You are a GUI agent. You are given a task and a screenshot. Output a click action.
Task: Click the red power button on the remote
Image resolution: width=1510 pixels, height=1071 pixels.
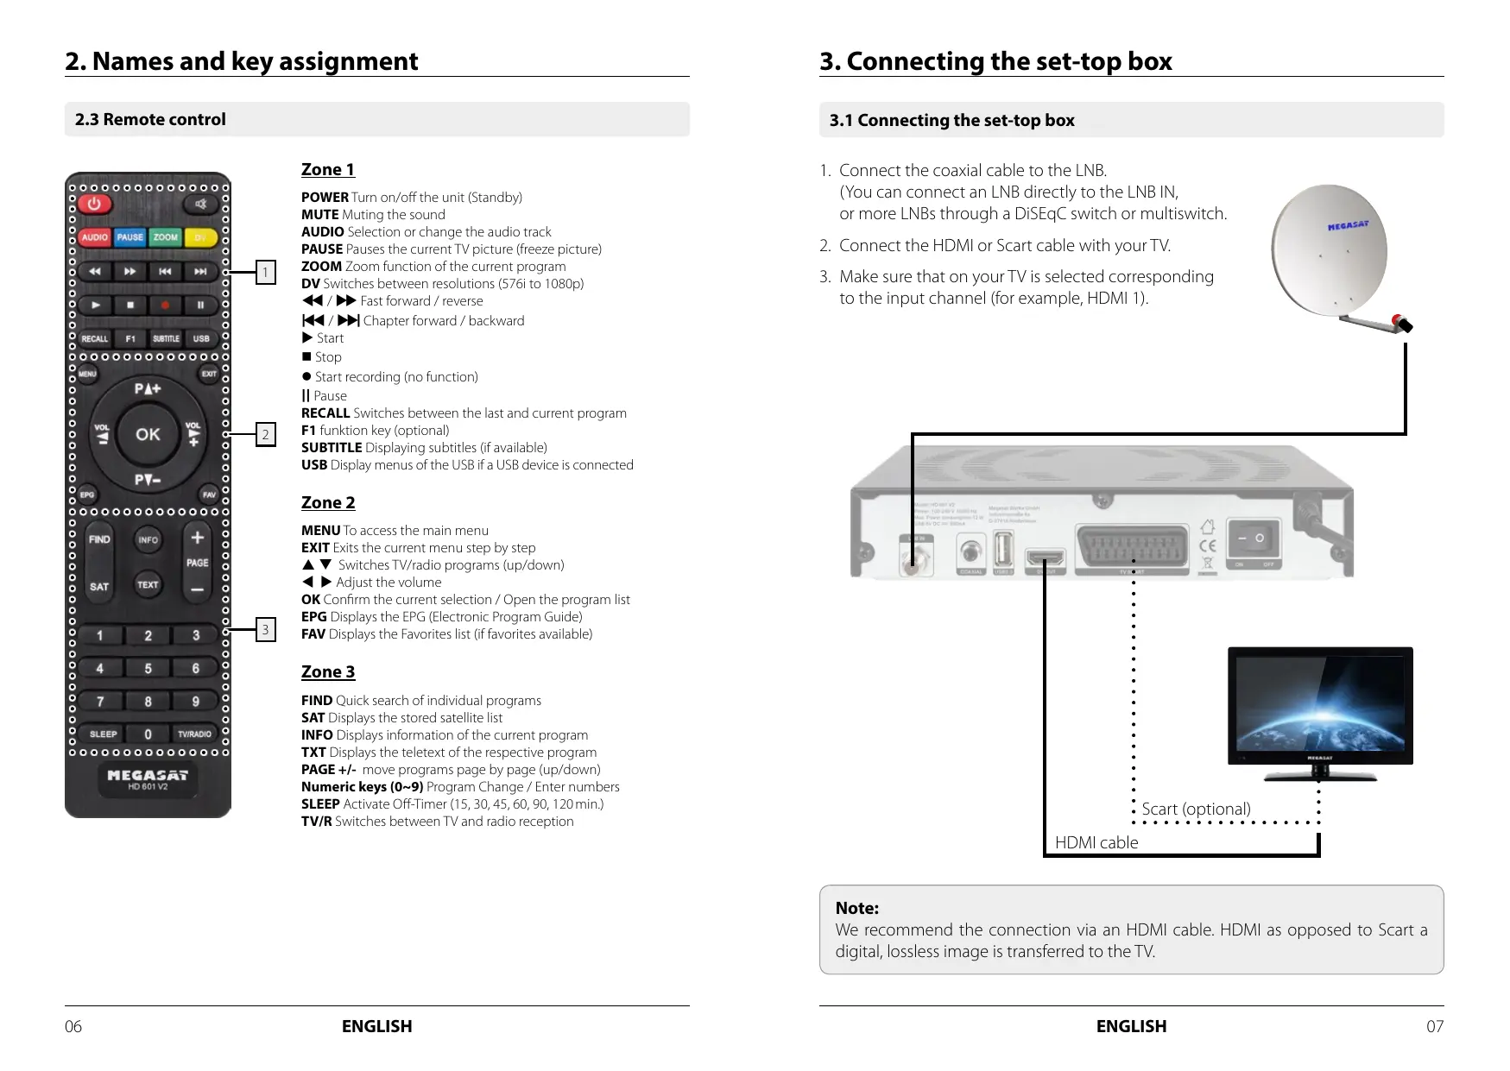(94, 205)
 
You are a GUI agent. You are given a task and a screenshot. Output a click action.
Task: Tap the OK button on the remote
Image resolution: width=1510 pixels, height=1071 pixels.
(148, 434)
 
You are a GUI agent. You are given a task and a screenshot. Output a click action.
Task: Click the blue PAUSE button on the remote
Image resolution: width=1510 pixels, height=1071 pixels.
(130, 237)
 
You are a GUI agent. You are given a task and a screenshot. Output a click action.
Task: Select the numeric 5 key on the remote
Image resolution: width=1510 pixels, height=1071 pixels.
(148, 669)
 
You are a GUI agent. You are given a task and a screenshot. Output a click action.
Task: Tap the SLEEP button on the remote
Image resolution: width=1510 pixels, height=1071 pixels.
(104, 734)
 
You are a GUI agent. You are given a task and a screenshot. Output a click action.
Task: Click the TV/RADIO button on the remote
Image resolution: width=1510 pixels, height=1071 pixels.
(194, 734)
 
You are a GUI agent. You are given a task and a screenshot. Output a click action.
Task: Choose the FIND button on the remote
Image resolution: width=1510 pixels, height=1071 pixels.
(99, 539)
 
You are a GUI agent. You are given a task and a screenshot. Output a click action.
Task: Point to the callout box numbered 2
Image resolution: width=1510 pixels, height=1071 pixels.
(265, 434)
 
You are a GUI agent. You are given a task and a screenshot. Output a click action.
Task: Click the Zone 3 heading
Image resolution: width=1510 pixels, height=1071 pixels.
(328, 671)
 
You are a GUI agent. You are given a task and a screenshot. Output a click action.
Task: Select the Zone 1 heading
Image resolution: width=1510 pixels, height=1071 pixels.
(328, 169)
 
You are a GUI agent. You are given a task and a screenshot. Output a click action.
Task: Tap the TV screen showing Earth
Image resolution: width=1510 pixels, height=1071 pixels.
(1320, 703)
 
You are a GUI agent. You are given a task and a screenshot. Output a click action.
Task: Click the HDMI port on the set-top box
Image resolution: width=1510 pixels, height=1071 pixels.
(1046, 559)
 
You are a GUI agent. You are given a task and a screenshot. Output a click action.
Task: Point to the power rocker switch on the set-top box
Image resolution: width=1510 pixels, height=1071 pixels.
(1252, 539)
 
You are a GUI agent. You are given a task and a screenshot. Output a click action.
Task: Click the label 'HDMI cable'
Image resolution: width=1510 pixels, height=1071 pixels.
(1096, 842)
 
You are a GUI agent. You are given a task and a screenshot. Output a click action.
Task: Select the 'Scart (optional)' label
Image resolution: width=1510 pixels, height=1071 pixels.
(1196, 809)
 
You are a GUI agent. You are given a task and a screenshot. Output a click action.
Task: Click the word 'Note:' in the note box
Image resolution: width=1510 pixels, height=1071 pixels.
(857, 908)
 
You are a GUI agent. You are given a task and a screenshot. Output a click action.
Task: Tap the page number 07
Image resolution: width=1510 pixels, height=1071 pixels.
(1434, 1026)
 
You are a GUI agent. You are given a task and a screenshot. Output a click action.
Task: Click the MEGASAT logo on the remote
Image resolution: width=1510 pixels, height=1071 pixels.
(148, 775)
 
